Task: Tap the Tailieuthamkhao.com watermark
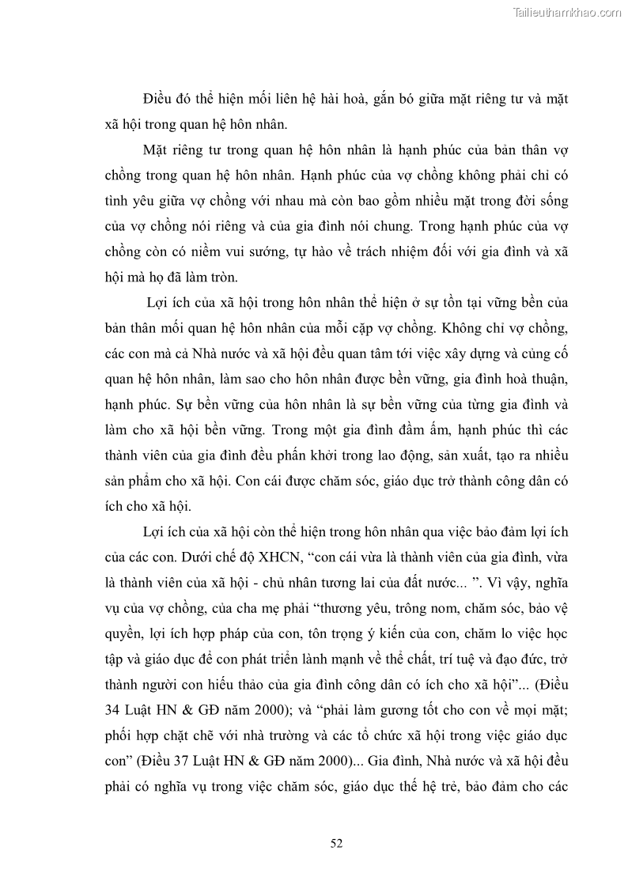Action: coord(568,12)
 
